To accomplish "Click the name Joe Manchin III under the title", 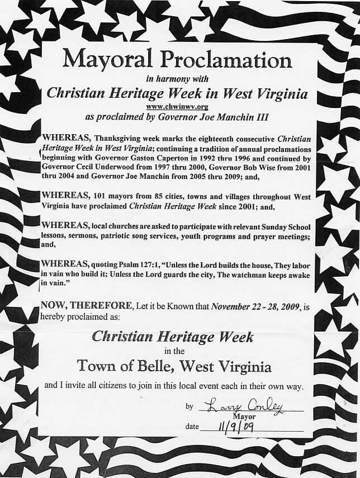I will pyautogui.click(x=233, y=117).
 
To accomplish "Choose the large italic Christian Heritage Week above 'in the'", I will pyautogui.click(x=172, y=337).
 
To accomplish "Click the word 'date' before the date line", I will pyautogui.click(x=192, y=427).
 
